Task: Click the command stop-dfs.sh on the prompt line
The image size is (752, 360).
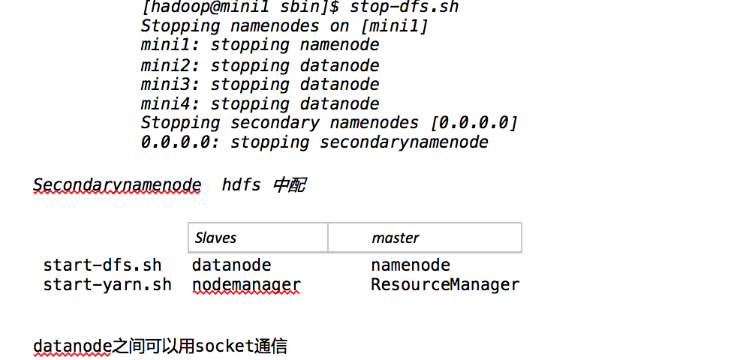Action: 405,7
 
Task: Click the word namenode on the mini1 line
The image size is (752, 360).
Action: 340,46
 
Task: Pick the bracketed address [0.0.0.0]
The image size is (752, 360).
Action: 478,123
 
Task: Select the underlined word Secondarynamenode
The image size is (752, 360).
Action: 117,185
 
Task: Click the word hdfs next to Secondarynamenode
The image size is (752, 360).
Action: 242,185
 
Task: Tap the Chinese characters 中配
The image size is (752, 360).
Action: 290,185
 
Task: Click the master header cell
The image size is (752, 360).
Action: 396,238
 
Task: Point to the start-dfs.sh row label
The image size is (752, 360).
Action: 102,265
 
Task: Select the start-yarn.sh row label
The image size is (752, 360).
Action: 107,285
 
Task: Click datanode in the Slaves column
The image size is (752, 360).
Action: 231,265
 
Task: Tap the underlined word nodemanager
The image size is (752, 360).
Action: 246,285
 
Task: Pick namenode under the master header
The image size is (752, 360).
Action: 411,265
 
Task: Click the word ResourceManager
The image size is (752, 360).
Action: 445,285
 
